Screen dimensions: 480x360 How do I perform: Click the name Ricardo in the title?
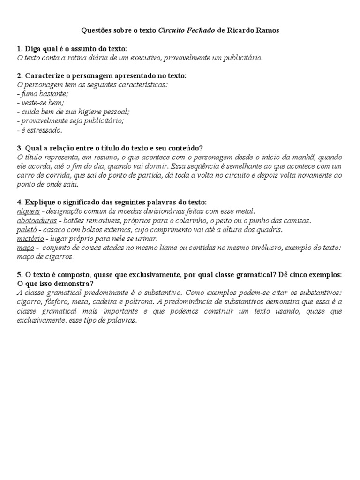coord(240,30)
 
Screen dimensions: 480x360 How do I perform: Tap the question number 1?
coord(19,49)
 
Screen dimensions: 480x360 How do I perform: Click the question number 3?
coord(19,148)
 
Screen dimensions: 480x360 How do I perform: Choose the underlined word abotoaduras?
coord(37,220)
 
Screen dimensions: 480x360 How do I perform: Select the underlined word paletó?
coord(27,230)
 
